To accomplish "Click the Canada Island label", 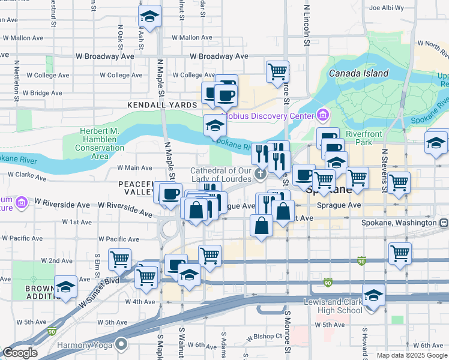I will [358, 74].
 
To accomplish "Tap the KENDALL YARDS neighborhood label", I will [162, 105].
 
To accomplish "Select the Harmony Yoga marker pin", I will [121, 344].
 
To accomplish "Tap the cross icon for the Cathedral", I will [261, 175].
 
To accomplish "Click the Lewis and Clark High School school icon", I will [373, 297].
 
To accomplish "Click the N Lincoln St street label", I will [306, 25].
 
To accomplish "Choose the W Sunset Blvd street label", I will [98, 287].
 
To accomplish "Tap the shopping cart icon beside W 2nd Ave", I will [119, 259].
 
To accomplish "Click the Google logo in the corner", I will [20, 353].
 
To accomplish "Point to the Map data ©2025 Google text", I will [412, 355].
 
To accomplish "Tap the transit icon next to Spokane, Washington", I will [444, 223].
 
